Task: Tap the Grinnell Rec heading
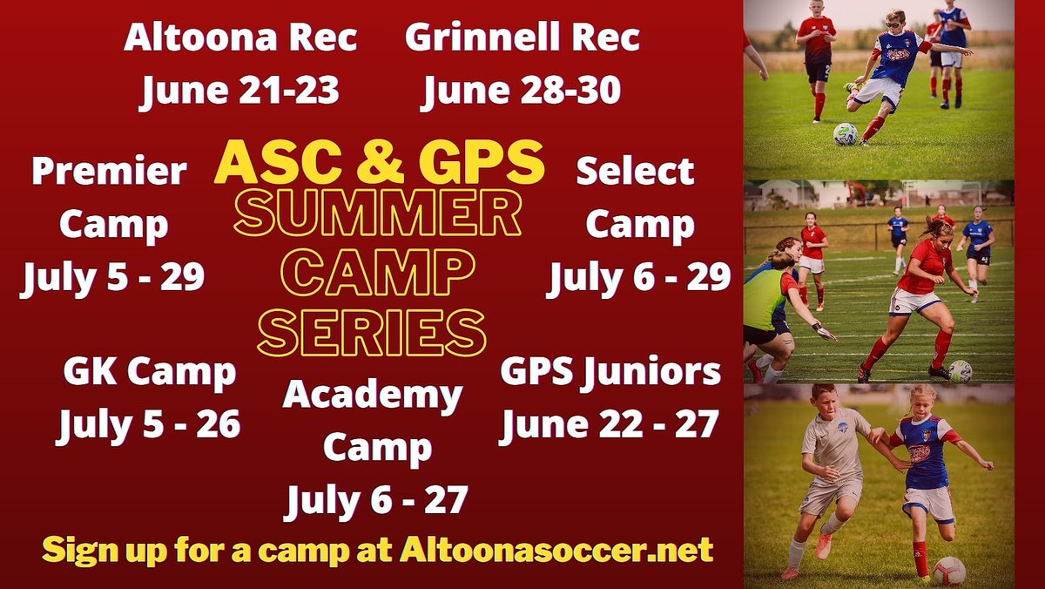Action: (x=522, y=39)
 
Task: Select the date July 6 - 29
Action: (x=638, y=278)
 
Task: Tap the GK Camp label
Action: (x=149, y=374)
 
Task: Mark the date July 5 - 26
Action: (x=149, y=425)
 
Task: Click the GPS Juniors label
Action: (x=610, y=372)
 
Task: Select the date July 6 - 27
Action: (x=376, y=500)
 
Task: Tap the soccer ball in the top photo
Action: (x=845, y=133)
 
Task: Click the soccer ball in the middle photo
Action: (x=961, y=370)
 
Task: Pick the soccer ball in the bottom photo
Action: (x=949, y=571)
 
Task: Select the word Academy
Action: (x=372, y=396)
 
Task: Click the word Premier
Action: (x=109, y=172)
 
